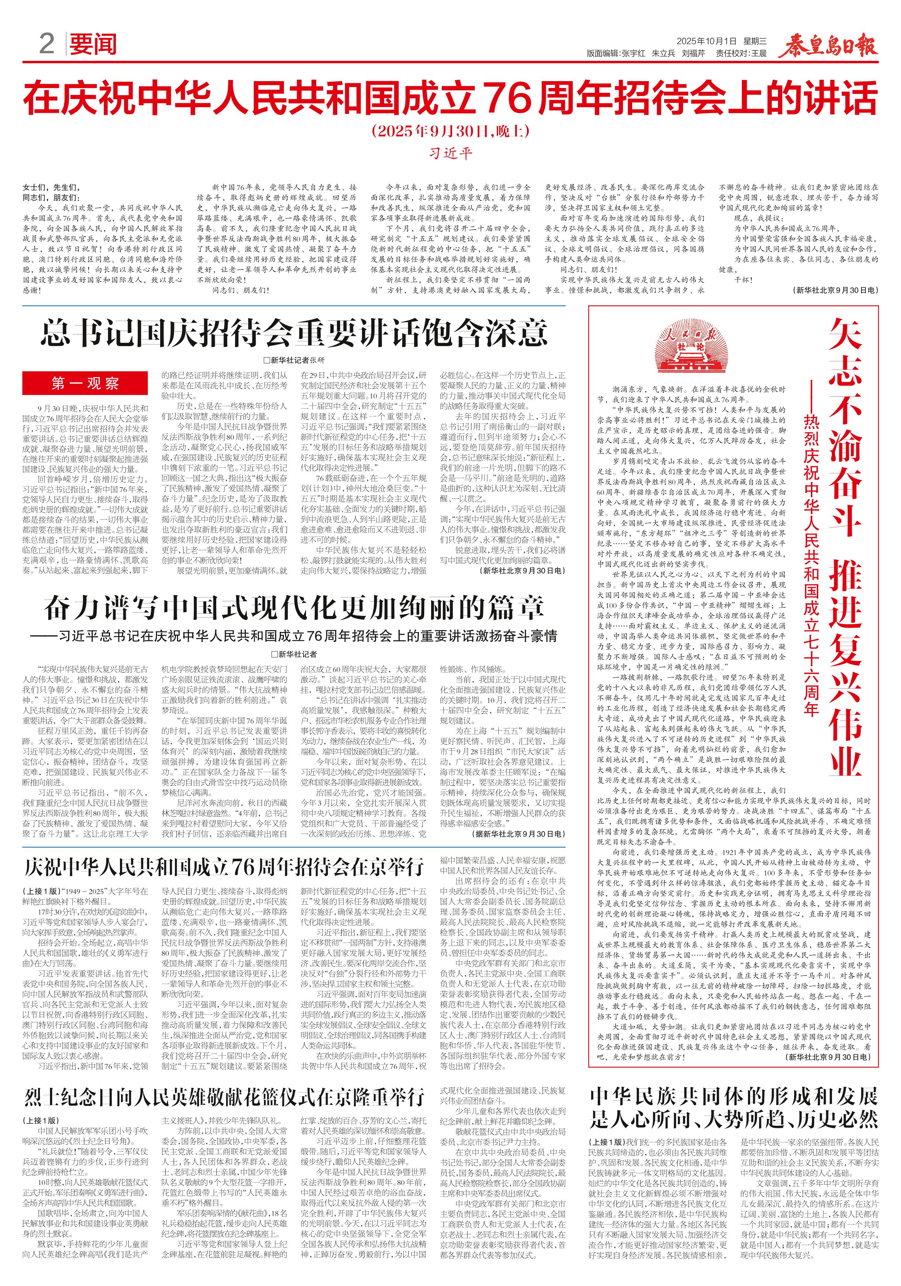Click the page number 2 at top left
(46, 44)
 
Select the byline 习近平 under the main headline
(450, 153)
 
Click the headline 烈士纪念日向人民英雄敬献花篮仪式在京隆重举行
(224, 1097)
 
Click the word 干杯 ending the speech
(743, 279)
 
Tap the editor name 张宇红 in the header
(633, 54)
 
